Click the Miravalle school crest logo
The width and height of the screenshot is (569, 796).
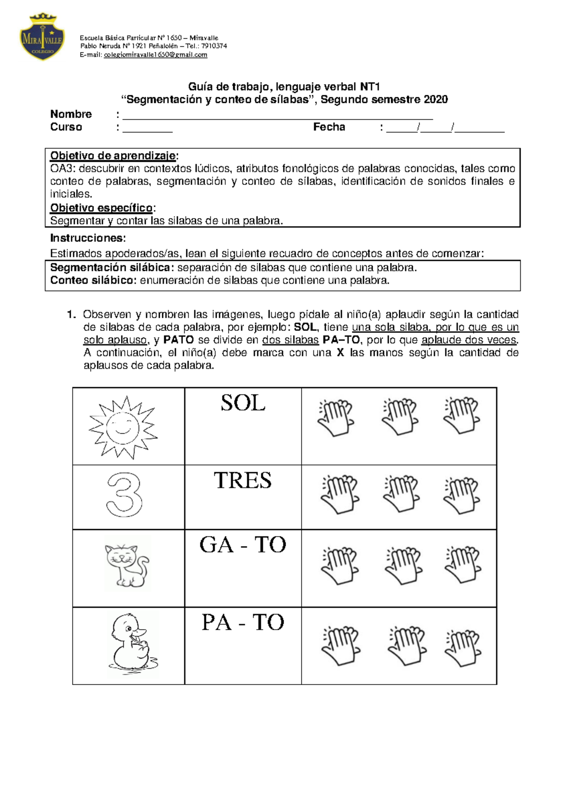[42, 37]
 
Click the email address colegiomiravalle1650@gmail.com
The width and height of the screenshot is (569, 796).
[156, 55]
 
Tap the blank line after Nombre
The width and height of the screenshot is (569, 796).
[277, 116]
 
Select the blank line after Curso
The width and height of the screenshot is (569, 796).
[147, 128]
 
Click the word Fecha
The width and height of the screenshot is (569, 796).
[329, 127]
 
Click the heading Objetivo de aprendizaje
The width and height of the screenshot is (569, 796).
[113, 156]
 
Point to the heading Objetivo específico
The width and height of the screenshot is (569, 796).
[102, 208]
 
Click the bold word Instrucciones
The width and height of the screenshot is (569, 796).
[88, 238]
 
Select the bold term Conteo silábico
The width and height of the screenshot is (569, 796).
[93, 280]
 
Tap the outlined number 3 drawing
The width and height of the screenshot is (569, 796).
[124, 495]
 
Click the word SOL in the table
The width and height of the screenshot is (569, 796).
[243, 403]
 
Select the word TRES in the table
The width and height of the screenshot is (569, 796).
[243, 481]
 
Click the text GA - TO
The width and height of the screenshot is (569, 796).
[243, 545]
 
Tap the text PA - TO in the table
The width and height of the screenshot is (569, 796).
[243, 622]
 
